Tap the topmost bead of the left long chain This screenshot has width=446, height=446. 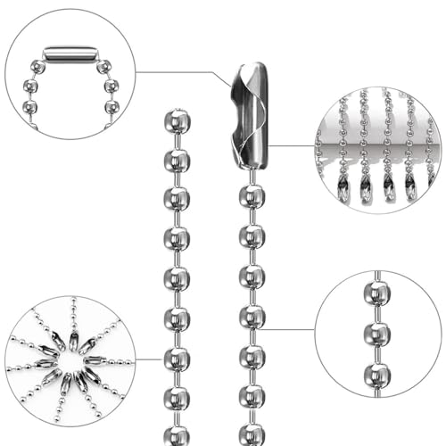[177, 121]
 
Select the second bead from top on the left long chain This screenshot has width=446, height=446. [177, 161]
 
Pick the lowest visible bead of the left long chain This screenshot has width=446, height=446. [177, 435]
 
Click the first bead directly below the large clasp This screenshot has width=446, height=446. [252, 196]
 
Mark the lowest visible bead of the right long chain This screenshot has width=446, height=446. [252, 435]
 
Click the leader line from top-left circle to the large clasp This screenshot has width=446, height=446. [178, 72]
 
